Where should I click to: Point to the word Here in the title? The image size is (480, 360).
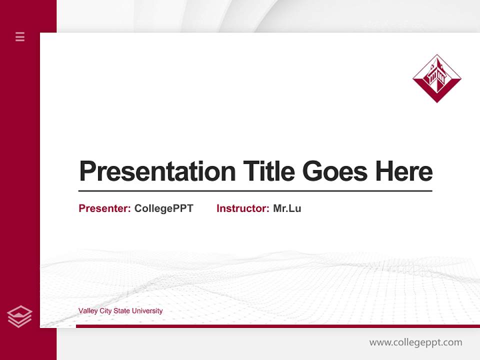click(404, 171)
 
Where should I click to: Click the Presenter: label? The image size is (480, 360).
click(105, 208)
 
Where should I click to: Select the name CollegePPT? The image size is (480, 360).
click(163, 208)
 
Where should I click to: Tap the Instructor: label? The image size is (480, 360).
click(243, 208)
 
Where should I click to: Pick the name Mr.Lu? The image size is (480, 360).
click(287, 208)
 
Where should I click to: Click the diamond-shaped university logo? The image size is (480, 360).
click(436, 78)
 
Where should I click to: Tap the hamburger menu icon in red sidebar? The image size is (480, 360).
click(20, 36)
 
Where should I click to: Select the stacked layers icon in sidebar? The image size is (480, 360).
click(19, 316)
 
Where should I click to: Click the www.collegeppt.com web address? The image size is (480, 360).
click(415, 342)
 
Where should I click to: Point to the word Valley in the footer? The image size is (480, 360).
click(87, 311)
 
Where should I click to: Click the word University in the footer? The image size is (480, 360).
click(147, 311)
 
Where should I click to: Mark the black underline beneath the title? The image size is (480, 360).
click(255, 191)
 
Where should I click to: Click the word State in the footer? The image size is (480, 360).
click(121, 311)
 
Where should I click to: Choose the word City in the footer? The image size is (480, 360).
click(105, 311)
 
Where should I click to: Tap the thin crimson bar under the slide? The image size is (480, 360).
click(277, 326)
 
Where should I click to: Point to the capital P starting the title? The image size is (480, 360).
click(87, 171)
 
